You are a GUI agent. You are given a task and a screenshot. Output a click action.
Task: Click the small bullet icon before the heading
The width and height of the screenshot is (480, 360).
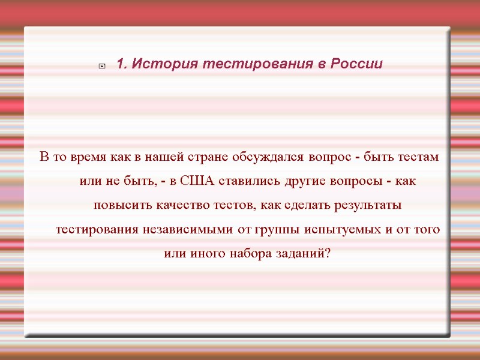click(x=102, y=65)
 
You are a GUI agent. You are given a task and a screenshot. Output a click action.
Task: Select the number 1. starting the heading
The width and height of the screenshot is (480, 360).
click(x=121, y=64)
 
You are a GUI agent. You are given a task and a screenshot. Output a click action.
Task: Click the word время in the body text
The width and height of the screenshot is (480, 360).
click(x=89, y=157)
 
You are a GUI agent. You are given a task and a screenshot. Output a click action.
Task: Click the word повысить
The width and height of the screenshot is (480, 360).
click(x=119, y=205)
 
